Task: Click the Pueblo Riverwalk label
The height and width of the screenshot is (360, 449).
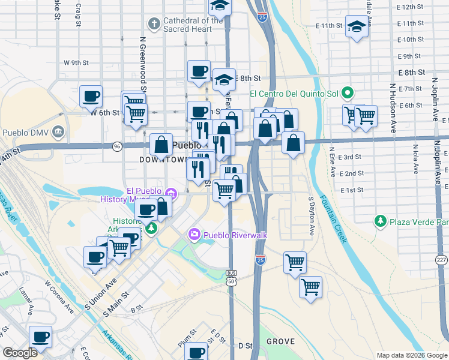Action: pos(235,235)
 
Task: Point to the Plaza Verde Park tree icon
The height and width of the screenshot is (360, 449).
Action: pos(380,221)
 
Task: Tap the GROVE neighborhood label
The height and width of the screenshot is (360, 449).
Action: pos(280,341)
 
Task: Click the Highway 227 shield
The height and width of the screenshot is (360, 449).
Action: pos(441,260)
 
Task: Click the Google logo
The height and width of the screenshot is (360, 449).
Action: pos(20,353)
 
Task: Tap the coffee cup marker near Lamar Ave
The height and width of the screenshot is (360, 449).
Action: pos(40,337)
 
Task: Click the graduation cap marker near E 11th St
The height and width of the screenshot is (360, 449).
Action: pos(357,27)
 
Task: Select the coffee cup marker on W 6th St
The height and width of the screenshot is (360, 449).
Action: pos(91,96)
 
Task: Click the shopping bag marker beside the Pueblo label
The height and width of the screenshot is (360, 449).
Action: pos(161,144)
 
